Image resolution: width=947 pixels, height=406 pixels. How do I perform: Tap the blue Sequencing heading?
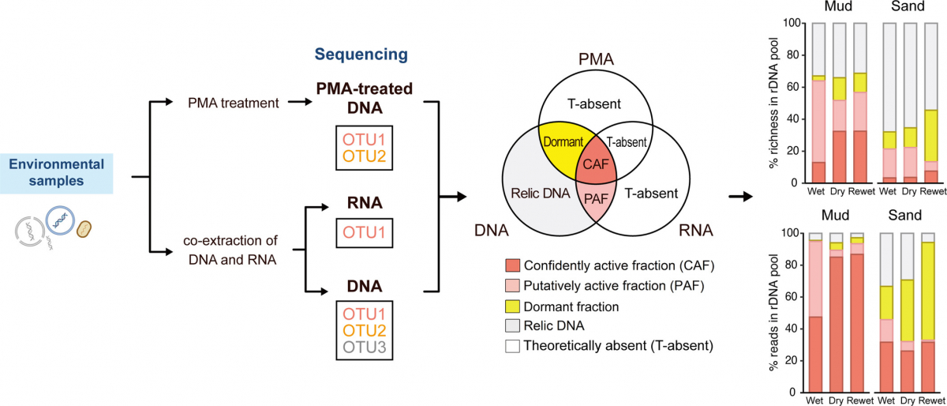[x=361, y=55]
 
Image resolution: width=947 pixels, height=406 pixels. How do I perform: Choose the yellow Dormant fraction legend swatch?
[x=513, y=306]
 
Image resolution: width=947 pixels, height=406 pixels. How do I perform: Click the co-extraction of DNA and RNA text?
[x=231, y=252]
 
